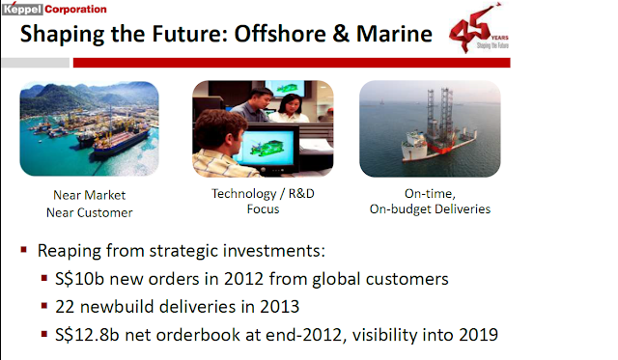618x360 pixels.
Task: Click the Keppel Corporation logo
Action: pos(54,9)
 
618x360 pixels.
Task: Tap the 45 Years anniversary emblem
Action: pos(479,28)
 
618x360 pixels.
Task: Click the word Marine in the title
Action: pos(394,34)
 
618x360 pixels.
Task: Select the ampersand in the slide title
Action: pos(341,34)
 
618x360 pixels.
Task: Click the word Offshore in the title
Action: pos(280,34)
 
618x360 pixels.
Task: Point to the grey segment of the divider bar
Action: pos(36,63)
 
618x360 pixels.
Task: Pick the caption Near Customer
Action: pos(90,212)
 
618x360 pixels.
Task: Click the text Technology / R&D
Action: pos(263,193)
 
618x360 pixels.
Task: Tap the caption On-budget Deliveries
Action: pos(430,208)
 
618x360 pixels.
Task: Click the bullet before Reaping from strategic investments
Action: pos(24,250)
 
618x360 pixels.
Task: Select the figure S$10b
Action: pos(79,279)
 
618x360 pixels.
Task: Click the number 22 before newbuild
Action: pos(65,307)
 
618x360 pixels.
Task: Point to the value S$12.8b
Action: pos(87,335)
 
